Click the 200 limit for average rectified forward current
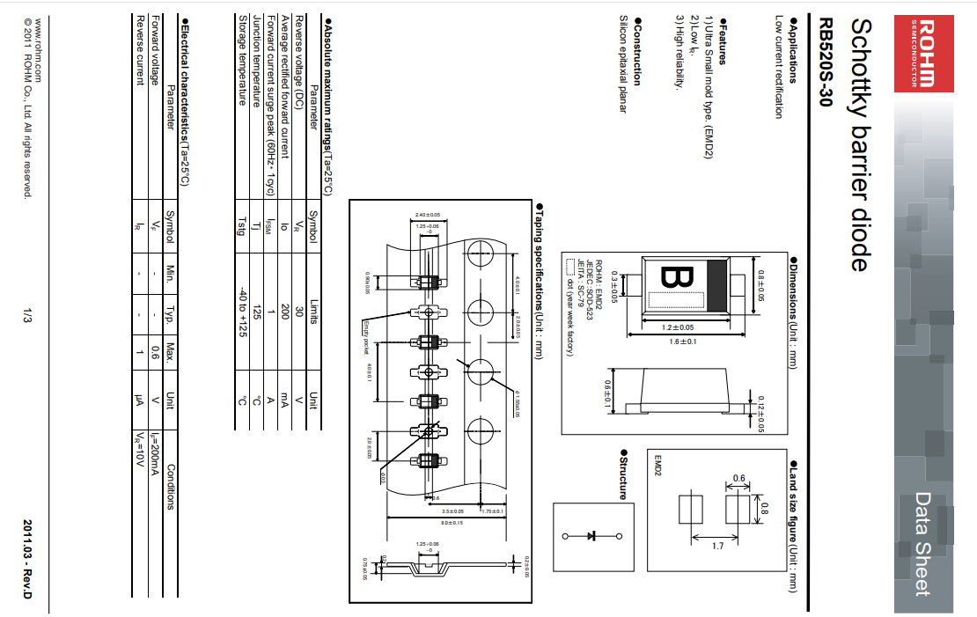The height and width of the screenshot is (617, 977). (285, 310)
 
